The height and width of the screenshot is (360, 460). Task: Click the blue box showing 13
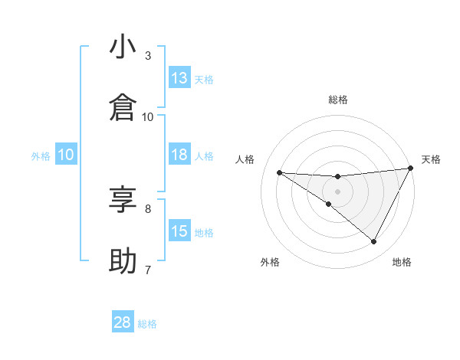[179, 78]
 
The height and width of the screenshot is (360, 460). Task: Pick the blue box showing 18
[179, 155]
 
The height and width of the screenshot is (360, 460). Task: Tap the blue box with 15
[179, 231]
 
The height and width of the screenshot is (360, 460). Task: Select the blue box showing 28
[123, 322]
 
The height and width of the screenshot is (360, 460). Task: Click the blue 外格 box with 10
[66, 155]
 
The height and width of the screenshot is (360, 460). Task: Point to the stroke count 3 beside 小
[148, 56]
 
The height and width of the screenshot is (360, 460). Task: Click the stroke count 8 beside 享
[148, 208]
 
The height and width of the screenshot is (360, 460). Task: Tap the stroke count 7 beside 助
[148, 270]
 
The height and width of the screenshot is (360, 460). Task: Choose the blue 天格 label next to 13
[204, 79]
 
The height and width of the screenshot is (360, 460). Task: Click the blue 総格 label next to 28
[147, 323]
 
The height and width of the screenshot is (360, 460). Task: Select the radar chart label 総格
[338, 100]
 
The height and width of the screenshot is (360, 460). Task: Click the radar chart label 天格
[432, 159]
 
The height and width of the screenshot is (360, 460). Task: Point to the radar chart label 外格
[270, 262]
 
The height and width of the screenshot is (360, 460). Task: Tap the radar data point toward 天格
[411, 169]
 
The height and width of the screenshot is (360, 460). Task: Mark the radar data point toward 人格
[280, 172]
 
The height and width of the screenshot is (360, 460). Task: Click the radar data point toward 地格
[374, 242]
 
